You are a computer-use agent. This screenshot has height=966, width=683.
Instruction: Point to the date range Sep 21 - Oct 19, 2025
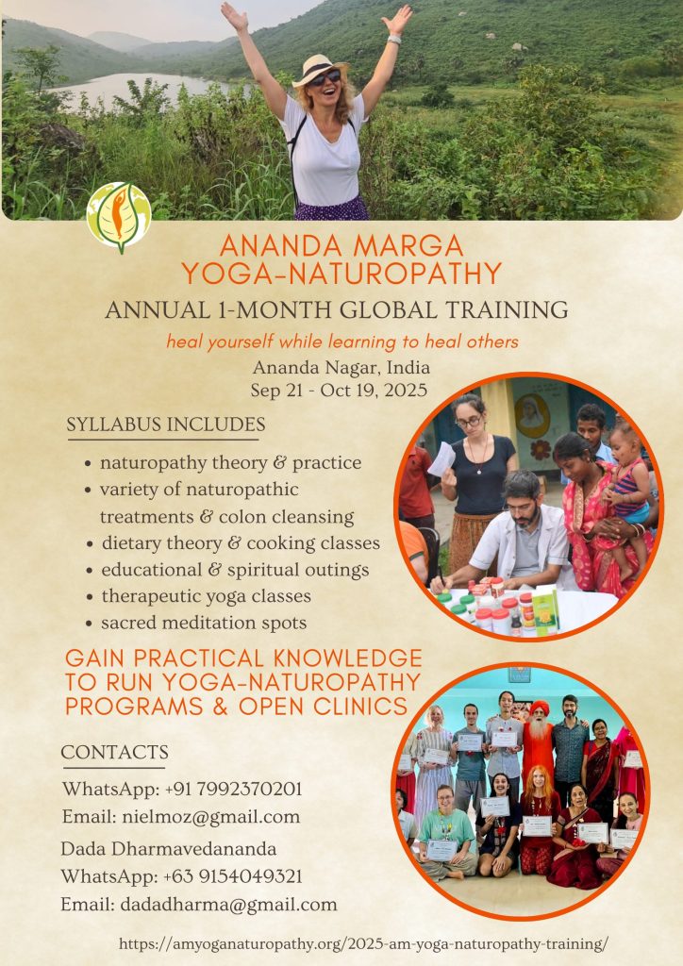[339, 391]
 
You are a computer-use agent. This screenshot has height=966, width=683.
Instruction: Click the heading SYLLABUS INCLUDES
[166, 425]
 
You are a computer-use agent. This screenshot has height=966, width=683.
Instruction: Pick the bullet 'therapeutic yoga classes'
[207, 596]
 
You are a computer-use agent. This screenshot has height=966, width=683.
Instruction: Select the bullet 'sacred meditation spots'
[204, 623]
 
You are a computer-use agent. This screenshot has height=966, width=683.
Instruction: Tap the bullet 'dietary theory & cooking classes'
[241, 543]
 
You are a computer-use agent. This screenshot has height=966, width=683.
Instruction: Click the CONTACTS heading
[114, 752]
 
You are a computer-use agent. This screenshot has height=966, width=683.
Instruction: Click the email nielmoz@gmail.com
[211, 818]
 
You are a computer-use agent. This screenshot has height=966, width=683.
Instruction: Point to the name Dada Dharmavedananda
[168, 849]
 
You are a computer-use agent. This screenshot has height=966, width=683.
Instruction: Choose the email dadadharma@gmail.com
[228, 905]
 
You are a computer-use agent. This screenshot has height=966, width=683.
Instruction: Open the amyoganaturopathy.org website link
[363, 944]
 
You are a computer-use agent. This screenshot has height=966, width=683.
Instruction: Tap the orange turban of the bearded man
[540, 708]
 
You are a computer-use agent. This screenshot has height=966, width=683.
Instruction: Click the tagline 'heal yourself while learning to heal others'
[342, 341]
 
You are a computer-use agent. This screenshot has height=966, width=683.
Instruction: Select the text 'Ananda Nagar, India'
[341, 368]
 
